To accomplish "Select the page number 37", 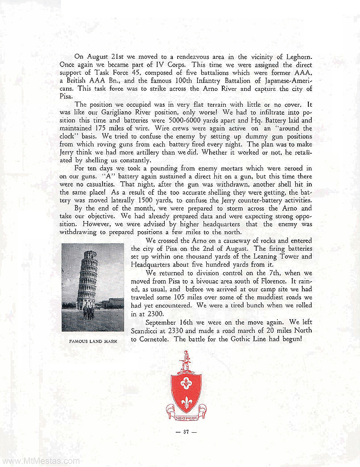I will click(x=186, y=432).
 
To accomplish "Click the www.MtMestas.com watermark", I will click(x=40, y=461).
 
